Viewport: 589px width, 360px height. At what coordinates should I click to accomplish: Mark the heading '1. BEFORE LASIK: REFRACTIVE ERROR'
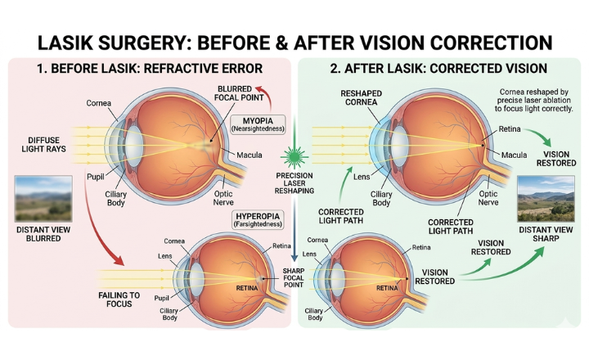150,69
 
